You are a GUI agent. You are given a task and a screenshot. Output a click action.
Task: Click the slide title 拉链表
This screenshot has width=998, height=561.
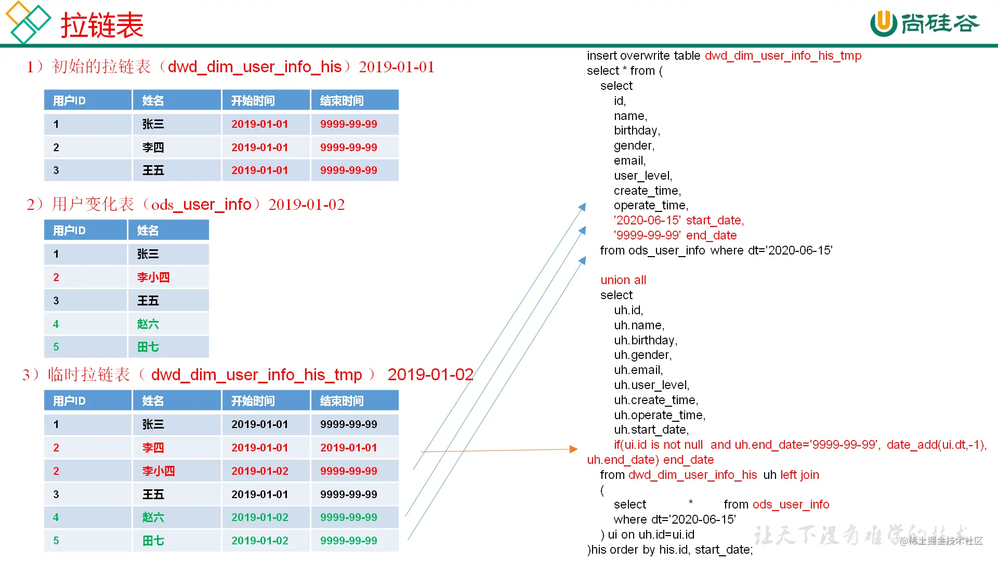102,25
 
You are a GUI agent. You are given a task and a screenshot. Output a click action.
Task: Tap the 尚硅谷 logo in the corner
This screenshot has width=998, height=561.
925,24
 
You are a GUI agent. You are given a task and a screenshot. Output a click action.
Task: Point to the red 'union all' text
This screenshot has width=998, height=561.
623,280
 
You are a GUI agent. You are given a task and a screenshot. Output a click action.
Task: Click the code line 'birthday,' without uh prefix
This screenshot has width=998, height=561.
637,130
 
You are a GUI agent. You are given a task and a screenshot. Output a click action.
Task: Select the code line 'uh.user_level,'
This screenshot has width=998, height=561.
652,385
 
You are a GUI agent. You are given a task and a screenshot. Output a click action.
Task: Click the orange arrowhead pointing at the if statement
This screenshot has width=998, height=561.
574,449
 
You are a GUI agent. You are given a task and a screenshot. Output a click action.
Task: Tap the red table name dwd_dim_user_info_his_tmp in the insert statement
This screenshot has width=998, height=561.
783,56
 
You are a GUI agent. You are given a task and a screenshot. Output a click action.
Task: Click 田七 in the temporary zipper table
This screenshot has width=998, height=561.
153,541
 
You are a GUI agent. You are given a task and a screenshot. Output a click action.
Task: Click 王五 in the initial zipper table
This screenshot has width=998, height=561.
153,170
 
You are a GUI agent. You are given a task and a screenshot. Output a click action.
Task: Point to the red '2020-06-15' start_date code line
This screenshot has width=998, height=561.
679,220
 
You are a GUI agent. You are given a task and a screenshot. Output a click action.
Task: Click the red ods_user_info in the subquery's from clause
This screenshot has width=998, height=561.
791,504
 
